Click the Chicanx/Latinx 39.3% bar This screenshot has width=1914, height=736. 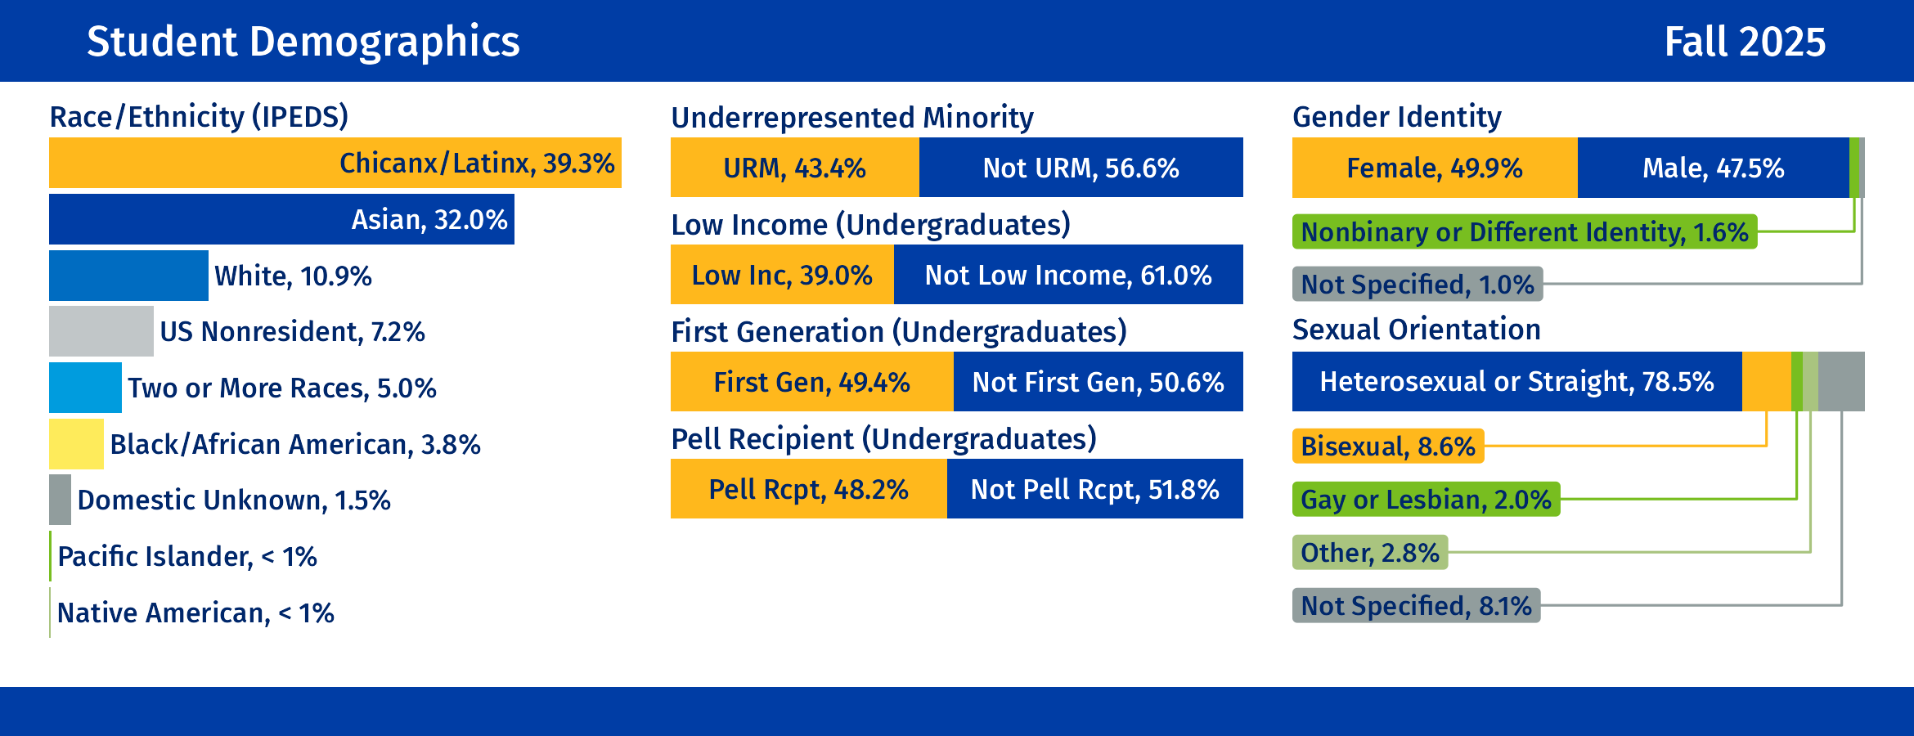(335, 163)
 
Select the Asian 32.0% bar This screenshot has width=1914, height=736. (281, 219)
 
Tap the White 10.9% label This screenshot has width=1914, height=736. (293, 276)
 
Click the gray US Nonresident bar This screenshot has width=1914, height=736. (101, 331)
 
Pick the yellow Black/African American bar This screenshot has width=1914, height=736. (76, 444)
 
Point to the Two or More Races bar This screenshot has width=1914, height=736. (85, 388)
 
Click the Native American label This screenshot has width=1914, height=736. (195, 613)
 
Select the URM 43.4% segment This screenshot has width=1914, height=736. (794, 168)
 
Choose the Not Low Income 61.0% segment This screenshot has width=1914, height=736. (1068, 275)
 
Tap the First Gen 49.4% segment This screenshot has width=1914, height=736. (811, 382)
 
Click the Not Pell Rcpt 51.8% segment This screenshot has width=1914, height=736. (1094, 489)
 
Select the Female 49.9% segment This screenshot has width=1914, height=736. (1435, 168)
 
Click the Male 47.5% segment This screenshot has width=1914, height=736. (1713, 168)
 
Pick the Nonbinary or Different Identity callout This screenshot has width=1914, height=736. (1524, 232)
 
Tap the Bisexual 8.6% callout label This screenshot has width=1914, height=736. (1387, 447)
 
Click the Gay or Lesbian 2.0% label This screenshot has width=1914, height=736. (1426, 500)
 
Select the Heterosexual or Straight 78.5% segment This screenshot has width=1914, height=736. (1516, 382)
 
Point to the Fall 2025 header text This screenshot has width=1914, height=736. (1745, 42)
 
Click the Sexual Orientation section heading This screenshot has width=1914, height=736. (1416, 330)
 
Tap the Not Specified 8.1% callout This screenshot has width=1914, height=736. (1416, 606)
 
